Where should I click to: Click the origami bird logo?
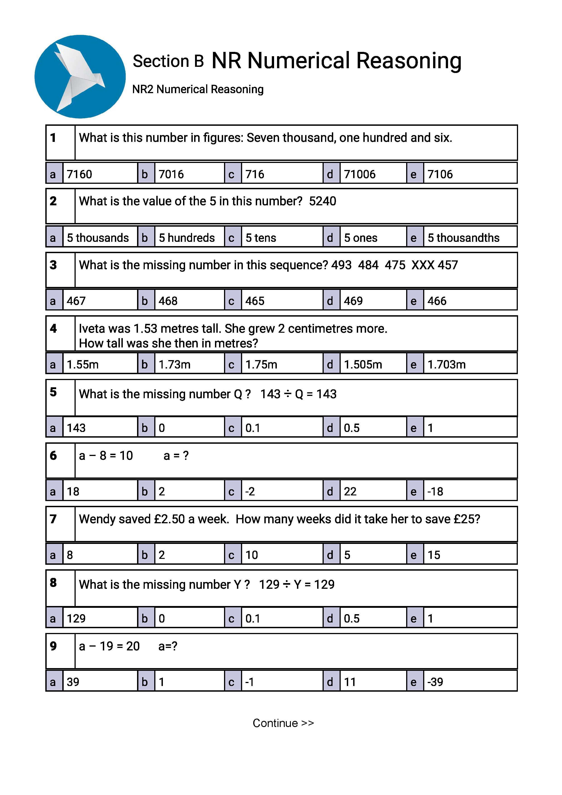[x=80, y=77]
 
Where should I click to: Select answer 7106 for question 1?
[x=440, y=174]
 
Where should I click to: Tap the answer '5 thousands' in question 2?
[x=98, y=238]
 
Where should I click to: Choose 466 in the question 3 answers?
[x=437, y=301]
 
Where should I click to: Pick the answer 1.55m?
[x=83, y=365]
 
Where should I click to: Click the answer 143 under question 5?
[x=76, y=428]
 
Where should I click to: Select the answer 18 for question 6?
[x=73, y=491]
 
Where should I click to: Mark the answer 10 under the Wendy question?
[x=252, y=555]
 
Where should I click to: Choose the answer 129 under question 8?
[x=76, y=618]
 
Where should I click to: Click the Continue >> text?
[x=283, y=723]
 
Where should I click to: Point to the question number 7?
[x=53, y=519]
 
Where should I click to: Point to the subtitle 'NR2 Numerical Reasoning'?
[x=198, y=89]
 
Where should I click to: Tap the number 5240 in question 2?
[x=323, y=201]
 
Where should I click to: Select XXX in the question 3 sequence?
[x=423, y=265]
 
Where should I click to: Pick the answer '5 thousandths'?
[x=463, y=238]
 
